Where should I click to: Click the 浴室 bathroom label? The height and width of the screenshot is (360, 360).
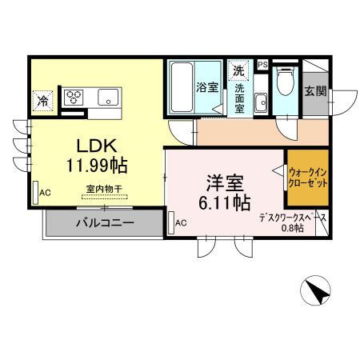208,87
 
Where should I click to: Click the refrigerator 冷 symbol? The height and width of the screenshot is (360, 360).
42,101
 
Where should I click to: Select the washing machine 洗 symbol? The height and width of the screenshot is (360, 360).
238,70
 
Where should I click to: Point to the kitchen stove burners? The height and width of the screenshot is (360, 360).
74,97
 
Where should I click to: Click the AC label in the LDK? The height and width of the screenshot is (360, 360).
45,193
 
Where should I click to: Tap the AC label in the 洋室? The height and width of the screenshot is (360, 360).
181,222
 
